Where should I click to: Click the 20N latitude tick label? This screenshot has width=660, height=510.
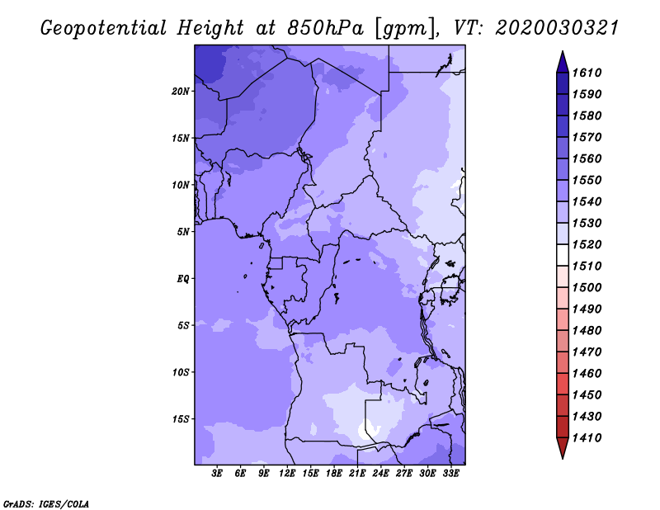click(x=181, y=92)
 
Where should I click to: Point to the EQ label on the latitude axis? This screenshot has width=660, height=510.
click(x=183, y=279)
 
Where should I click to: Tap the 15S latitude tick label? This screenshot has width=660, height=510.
click(x=181, y=419)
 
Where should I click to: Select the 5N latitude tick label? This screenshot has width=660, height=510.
click(x=183, y=232)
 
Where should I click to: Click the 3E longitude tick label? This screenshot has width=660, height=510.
click(x=217, y=473)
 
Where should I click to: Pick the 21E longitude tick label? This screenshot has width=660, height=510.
click(x=357, y=473)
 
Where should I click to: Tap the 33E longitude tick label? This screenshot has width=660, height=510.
click(x=450, y=473)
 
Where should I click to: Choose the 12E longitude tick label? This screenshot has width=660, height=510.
click(x=287, y=473)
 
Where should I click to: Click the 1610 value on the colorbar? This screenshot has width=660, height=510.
click(x=587, y=73)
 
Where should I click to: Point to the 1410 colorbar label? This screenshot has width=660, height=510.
click(x=587, y=438)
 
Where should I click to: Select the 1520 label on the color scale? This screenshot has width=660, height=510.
click(x=587, y=244)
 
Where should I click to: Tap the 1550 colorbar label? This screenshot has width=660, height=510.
click(x=587, y=180)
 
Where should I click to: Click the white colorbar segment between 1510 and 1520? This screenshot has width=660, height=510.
click(x=563, y=255)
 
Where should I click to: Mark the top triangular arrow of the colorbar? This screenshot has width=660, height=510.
click(x=563, y=64)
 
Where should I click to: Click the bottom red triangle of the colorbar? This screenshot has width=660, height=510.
click(x=563, y=447)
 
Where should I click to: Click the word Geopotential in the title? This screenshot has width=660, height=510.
click(x=104, y=28)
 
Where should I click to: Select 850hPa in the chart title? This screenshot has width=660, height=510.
click(x=325, y=28)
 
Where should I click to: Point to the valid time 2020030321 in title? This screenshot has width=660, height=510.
click(x=557, y=28)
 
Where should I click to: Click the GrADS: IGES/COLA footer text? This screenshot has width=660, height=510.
click(x=46, y=503)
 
